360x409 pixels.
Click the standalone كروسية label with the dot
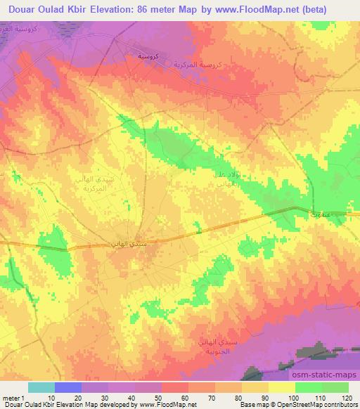[x=147, y=56]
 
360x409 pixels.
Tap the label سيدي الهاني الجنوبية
[x=214, y=344]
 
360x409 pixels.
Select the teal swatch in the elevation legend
[x=41, y=387]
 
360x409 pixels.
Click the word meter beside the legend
[x=11, y=398]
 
